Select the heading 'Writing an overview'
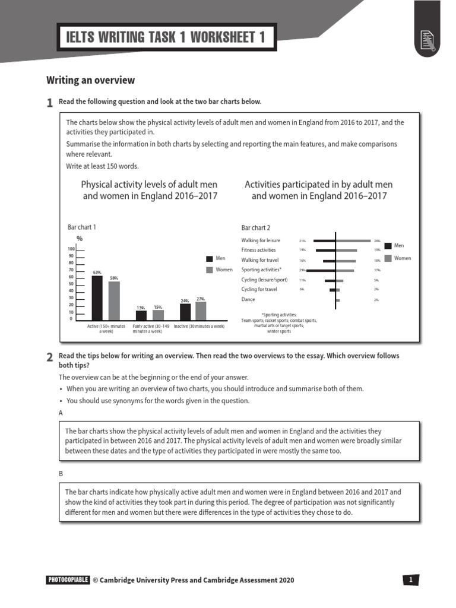tap(91, 80)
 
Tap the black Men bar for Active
tap(97, 298)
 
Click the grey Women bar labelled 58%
tap(114, 301)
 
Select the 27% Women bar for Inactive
tap(201, 311)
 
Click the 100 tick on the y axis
tap(71, 249)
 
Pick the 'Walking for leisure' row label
tap(261, 240)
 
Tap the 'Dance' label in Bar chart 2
tap(248, 299)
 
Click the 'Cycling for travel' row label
tap(259, 289)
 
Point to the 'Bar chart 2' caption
tap(255, 228)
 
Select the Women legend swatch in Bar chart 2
tap(388, 258)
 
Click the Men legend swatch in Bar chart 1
tap(209, 259)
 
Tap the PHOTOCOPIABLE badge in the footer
tap(67, 580)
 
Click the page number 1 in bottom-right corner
tap(411, 580)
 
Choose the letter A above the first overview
tap(61, 411)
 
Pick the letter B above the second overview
tap(61, 473)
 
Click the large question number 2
tap(50, 357)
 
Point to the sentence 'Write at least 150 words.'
tap(102, 166)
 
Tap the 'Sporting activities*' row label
tap(261, 270)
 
